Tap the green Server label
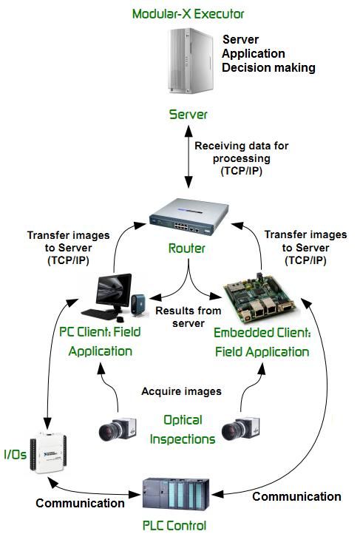point(189,115)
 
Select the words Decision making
point(269,68)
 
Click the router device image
point(189,214)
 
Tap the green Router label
point(189,249)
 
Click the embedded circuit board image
point(263,297)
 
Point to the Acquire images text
point(183,391)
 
